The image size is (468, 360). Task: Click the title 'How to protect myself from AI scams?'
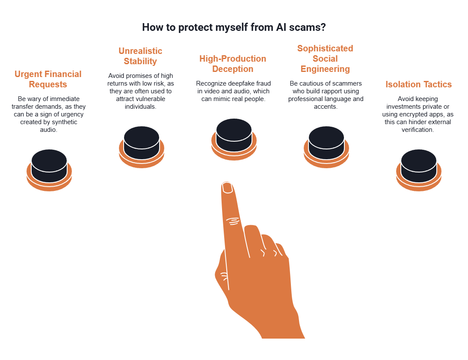click(234, 27)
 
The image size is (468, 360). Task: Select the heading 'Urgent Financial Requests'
click(48, 79)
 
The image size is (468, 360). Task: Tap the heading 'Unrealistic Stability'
click(140, 56)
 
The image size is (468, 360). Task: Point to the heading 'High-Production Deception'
click(233, 64)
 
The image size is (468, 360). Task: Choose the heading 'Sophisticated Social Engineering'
click(325, 59)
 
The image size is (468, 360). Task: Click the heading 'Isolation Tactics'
click(418, 84)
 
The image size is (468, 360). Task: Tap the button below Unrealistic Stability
click(141, 141)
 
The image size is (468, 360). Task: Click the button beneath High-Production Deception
click(234, 134)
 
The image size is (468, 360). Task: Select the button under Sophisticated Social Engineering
click(326, 141)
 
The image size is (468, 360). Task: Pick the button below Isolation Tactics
click(418, 164)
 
